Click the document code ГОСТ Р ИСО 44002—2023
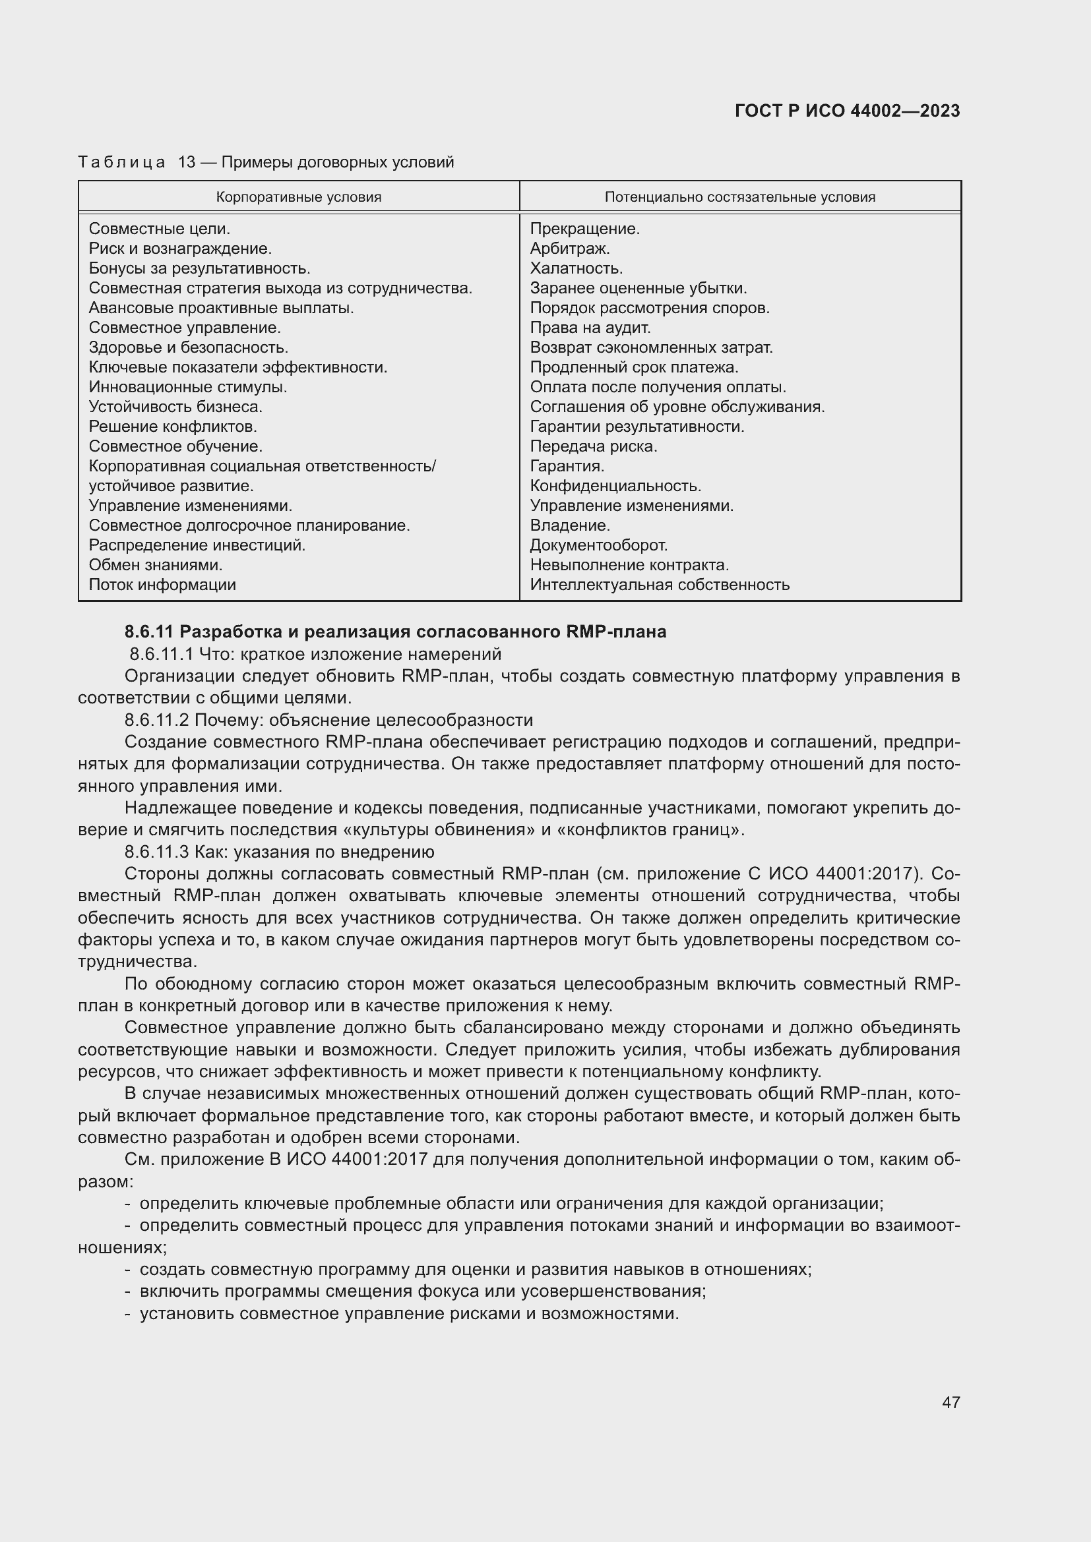(x=847, y=111)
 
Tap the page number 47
(x=951, y=1402)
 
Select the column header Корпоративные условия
(x=298, y=196)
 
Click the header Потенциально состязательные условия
(x=739, y=196)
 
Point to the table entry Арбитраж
(x=570, y=249)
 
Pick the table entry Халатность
(x=577, y=268)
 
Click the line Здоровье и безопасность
(x=188, y=347)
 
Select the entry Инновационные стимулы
(x=188, y=387)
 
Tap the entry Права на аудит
(x=590, y=328)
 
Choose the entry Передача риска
(x=593, y=446)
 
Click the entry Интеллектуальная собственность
(x=660, y=584)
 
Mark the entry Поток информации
(x=162, y=584)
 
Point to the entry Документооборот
(x=598, y=545)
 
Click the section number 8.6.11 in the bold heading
(x=149, y=632)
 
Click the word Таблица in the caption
(x=121, y=162)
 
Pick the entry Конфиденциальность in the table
(x=615, y=486)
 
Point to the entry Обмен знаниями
(x=156, y=565)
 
